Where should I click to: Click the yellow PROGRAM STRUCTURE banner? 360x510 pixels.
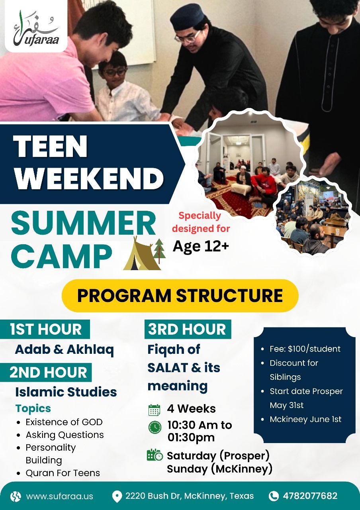click(180, 296)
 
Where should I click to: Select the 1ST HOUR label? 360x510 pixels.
click(45, 329)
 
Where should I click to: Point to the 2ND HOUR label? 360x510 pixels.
click(46, 373)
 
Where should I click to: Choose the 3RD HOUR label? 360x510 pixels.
click(188, 329)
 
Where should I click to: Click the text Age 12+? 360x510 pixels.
click(201, 247)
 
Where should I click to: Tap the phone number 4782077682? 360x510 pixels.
click(310, 496)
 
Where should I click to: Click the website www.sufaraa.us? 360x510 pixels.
click(60, 496)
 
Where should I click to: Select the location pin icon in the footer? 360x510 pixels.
click(117, 496)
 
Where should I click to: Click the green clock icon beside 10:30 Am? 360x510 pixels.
click(155, 428)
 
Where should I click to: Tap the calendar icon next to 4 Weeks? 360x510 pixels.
click(154, 410)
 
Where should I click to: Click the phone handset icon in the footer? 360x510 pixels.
click(274, 496)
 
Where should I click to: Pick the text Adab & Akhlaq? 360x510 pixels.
click(65, 350)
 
